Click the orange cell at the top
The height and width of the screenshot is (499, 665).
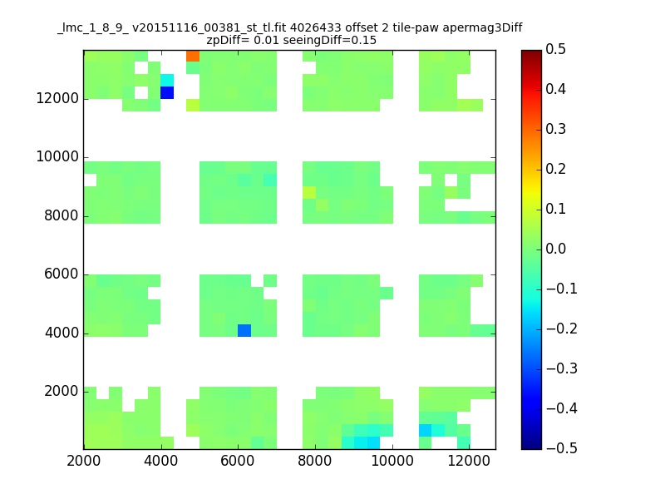(x=193, y=56)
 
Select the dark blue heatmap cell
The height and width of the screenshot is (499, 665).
(x=167, y=92)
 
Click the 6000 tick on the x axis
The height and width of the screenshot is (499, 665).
(x=238, y=461)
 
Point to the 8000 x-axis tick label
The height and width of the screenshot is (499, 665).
(x=315, y=461)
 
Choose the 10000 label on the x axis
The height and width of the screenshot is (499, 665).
(x=392, y=461)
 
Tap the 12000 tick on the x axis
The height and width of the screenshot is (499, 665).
(x=470, y=461)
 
